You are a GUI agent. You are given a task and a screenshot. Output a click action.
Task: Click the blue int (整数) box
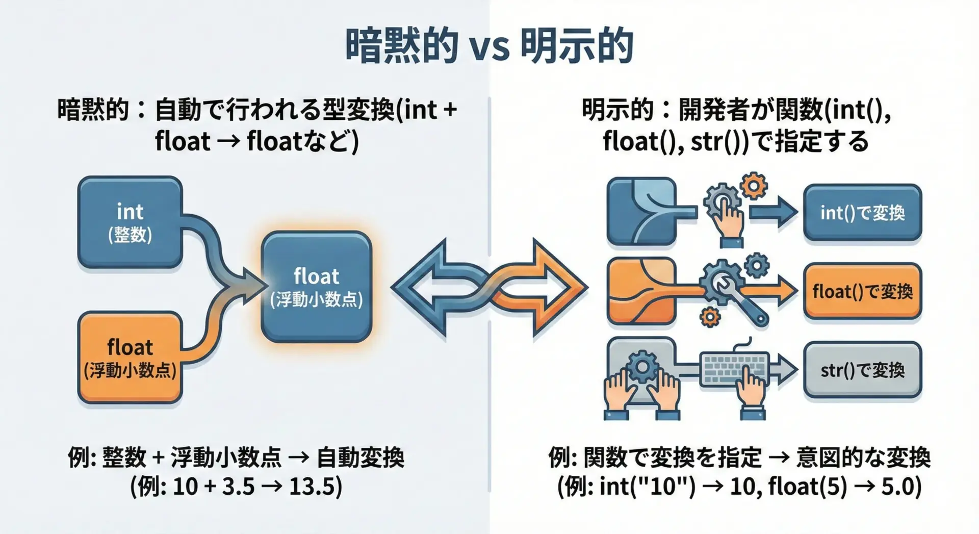click(x=130, y=222)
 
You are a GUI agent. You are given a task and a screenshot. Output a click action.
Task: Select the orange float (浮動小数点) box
click(x=130, y=358)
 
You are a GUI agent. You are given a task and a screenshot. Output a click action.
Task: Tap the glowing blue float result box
click(x=316, y=287)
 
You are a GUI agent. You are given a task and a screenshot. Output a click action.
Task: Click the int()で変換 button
click(x=862, y=213)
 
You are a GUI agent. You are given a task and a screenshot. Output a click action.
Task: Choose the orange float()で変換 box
click(x=862, y=291)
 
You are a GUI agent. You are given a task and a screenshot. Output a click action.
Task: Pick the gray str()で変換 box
click(x=862, y=370)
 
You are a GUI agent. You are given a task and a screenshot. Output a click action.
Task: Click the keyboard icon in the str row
click(x=734, y=368)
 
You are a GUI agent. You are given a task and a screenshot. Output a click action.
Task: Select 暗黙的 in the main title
click(x=402, y=46)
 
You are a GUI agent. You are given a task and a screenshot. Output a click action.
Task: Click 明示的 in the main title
click(x=577, y=46)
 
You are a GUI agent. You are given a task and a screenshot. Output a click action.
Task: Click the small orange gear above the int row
click(x=753, y=186)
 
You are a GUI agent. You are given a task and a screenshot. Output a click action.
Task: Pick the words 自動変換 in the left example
click(x=360, y=457)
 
